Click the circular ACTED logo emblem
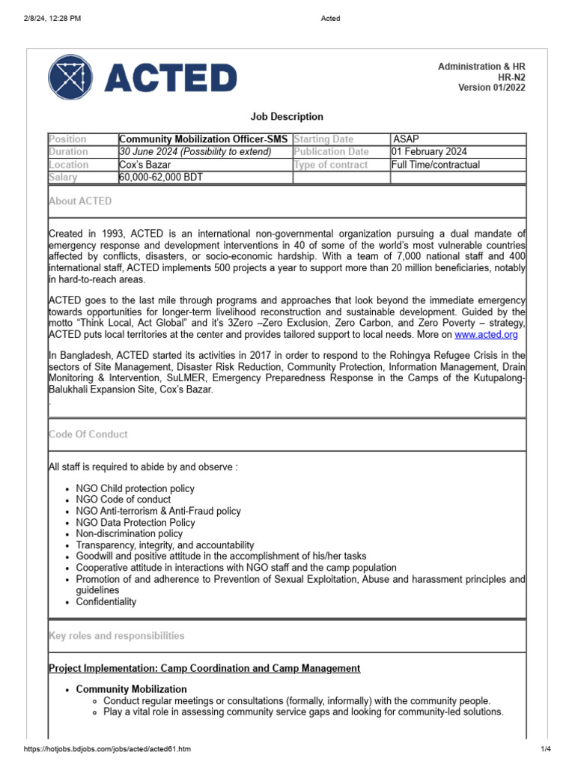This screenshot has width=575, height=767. coord(72,78)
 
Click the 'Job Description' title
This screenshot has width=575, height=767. coord(287,117)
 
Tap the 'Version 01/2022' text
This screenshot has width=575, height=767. coord(492,88)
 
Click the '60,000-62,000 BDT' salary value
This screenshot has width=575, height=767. coord(161,178)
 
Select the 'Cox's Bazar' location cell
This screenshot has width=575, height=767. coord(146,165)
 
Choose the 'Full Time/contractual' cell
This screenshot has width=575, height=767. coord(436,165)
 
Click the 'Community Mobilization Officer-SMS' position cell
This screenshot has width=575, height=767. coord(204,139)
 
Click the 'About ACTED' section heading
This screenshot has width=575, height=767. coord(80,201)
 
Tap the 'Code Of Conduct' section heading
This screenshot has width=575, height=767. coord(88,434)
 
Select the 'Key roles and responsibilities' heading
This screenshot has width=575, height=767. coord(116,636)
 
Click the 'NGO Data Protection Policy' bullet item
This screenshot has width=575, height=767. coord(136,523)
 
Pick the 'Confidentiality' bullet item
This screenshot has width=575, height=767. coord(106,601)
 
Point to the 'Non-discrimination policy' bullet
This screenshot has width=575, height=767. coord(130,534)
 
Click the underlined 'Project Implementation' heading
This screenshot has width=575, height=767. coord(204,668)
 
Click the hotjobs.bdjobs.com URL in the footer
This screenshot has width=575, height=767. coord(107,749)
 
